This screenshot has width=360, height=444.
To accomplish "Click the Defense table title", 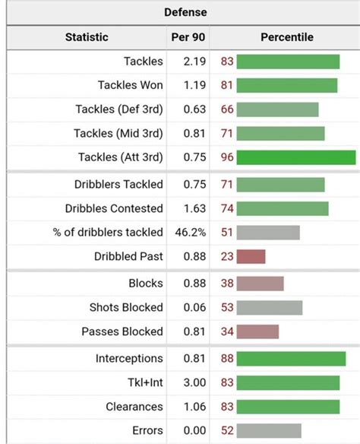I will (185, 12).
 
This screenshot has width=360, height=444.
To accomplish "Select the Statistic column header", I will (87, 37).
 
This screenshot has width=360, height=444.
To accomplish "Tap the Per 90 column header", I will (188, 37).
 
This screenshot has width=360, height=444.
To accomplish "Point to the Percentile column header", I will (286, 37).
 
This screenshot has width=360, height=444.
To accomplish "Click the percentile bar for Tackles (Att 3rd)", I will (295, 157).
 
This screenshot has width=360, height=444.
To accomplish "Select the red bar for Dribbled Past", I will (251, 257).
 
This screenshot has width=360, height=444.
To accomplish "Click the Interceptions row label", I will (129, 358).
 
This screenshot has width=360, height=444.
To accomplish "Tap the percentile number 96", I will (227, 157).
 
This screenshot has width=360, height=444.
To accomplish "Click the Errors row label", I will (147, 430).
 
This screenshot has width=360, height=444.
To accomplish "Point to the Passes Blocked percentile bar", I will (257, 331).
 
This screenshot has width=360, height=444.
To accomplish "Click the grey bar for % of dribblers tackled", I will (270, 233).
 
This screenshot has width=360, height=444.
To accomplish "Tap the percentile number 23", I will (227, 257).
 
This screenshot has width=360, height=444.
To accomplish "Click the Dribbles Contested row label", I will (118, 208).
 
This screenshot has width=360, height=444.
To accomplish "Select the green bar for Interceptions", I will (292, 358).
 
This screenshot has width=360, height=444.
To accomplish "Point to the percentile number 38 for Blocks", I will (227, 284).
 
